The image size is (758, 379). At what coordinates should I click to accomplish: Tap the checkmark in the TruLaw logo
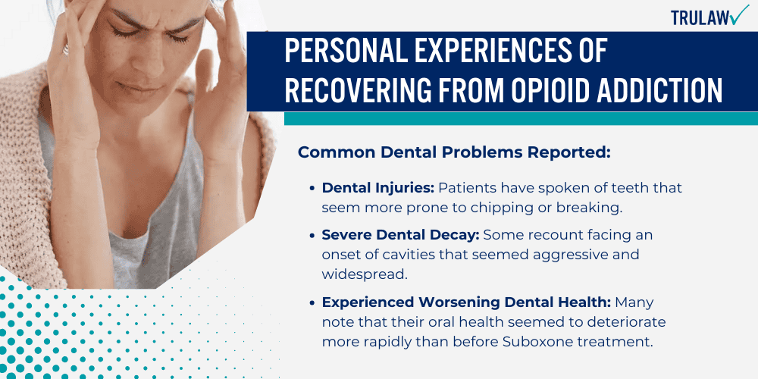click(738, 15)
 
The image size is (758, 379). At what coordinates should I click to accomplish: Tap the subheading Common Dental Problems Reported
click(454, 152)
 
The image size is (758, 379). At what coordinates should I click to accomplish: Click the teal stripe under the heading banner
click(521, 118)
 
